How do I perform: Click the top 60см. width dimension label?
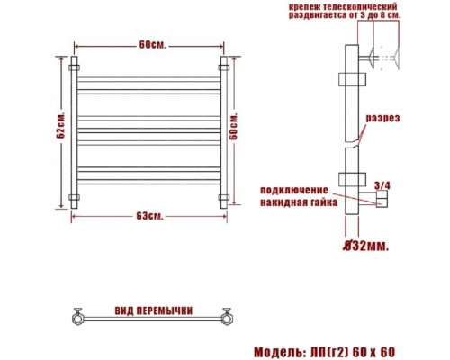click(x=152, y=45)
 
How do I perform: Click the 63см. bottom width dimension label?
click(x=150, y=216)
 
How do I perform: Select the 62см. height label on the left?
click(x=60, y=126)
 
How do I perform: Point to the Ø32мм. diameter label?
click(x=366, y=247)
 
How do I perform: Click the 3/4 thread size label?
click(x=382, y=186)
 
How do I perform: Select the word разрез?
click(x=382, y=118)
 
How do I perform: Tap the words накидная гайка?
click(x=299, y=202)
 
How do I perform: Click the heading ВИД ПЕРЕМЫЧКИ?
click(x=154, y=310)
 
